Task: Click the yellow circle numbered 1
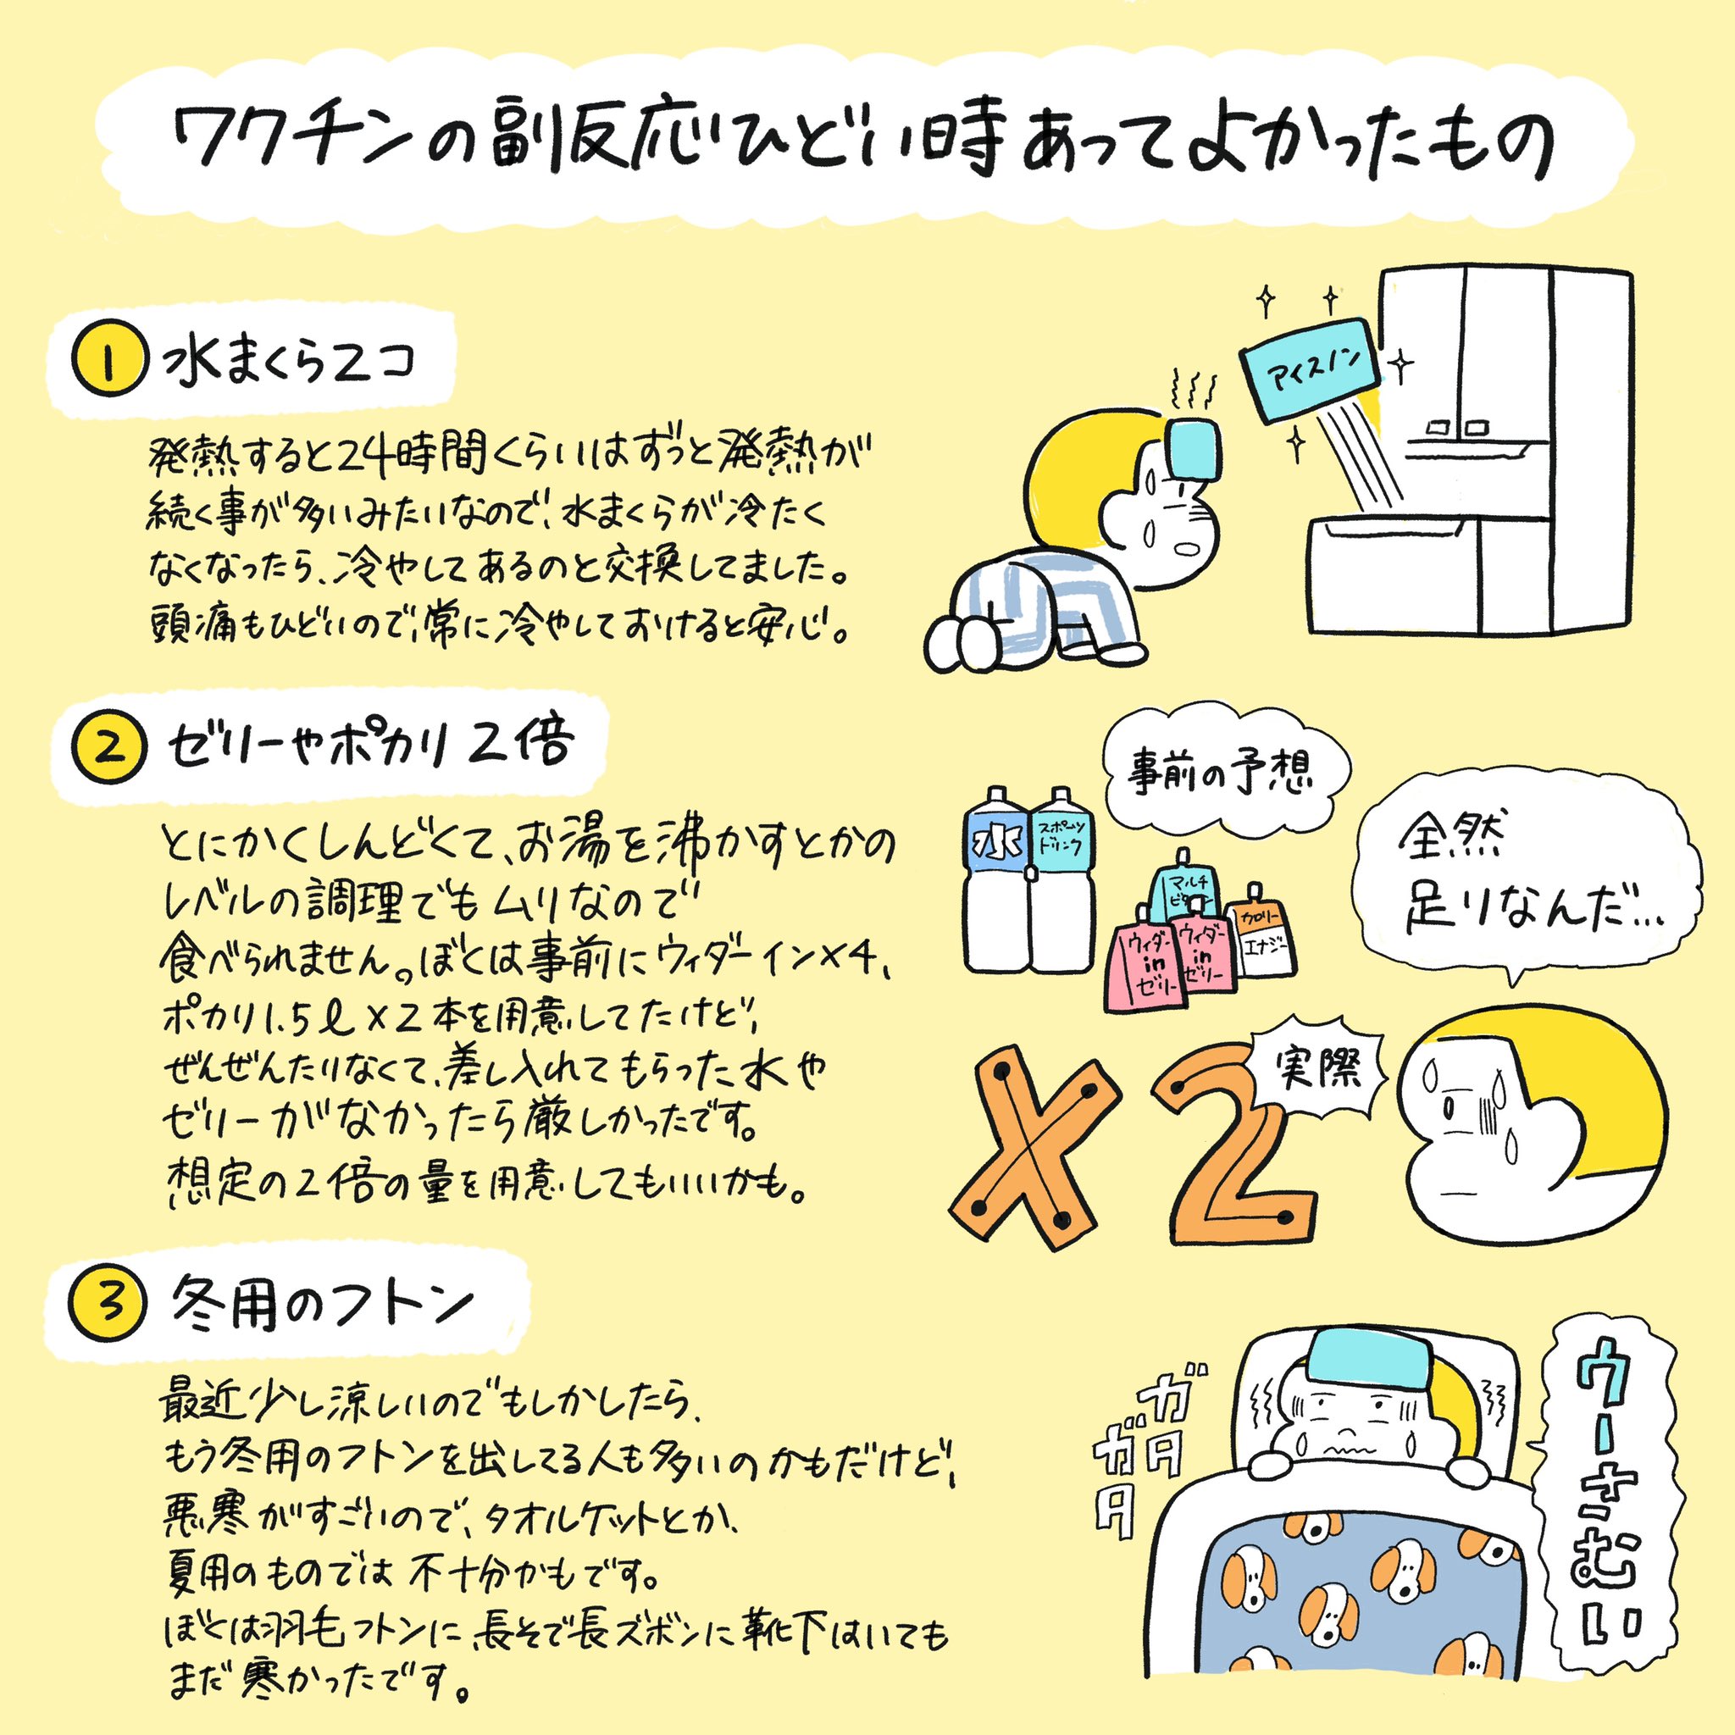[108, 368]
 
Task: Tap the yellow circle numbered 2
[108, 748]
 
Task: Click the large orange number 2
[1230, 1145]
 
